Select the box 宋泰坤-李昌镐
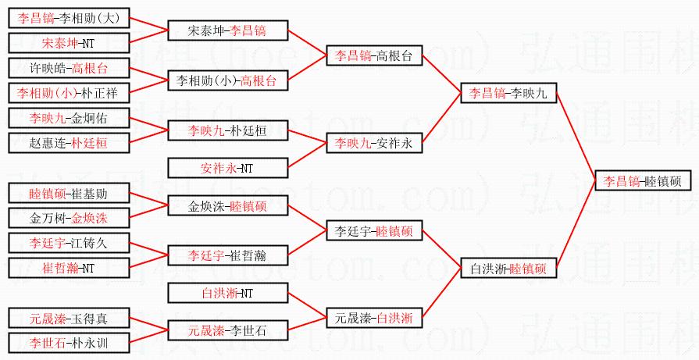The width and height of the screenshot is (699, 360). pyautogui.click(x=227, y=30)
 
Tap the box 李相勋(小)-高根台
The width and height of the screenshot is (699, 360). pyautogui.click(x=227, y=80)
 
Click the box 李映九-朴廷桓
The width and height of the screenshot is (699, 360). pyautogui.click(x=227, y=130)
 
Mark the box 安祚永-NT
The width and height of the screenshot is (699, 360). pyautogui.click(x=227, y=168)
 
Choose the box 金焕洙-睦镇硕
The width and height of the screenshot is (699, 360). pyautogui.click(x=227, y=207)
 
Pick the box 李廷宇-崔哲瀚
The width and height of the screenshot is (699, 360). pyautogui.click(x=227, y=255)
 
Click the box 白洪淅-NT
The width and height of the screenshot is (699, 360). pyautogui.click(x=227, y=294)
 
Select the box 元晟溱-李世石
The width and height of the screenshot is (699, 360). pyautogui.click(x=227, y=330)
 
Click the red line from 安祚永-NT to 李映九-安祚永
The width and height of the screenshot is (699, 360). pyautogui.click(x=307, y=155)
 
